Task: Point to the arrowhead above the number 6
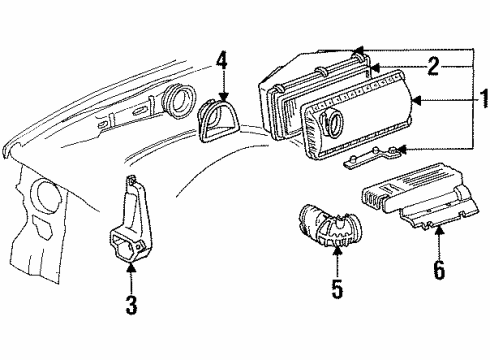click(x=436, y=229)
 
